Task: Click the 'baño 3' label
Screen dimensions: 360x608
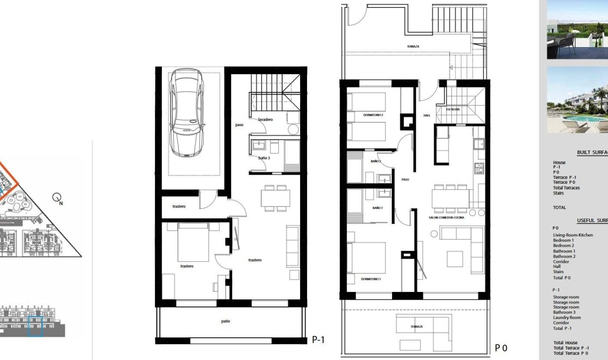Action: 264,158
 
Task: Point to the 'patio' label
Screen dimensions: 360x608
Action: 225,321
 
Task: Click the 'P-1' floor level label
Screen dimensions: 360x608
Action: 318,340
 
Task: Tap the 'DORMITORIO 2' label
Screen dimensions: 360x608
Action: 374,114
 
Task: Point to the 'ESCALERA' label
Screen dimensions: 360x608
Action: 453,110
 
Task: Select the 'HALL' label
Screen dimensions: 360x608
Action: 427,116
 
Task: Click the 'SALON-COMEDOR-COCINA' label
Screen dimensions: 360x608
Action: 446,217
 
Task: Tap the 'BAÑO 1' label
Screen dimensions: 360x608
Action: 377,208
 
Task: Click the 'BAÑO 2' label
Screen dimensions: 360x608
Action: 375,161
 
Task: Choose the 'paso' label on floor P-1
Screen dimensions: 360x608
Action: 239,124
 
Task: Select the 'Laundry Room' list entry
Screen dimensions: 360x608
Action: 567,318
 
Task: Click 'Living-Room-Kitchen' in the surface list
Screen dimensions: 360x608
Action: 573,235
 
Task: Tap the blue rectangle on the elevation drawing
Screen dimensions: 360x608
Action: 35,326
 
